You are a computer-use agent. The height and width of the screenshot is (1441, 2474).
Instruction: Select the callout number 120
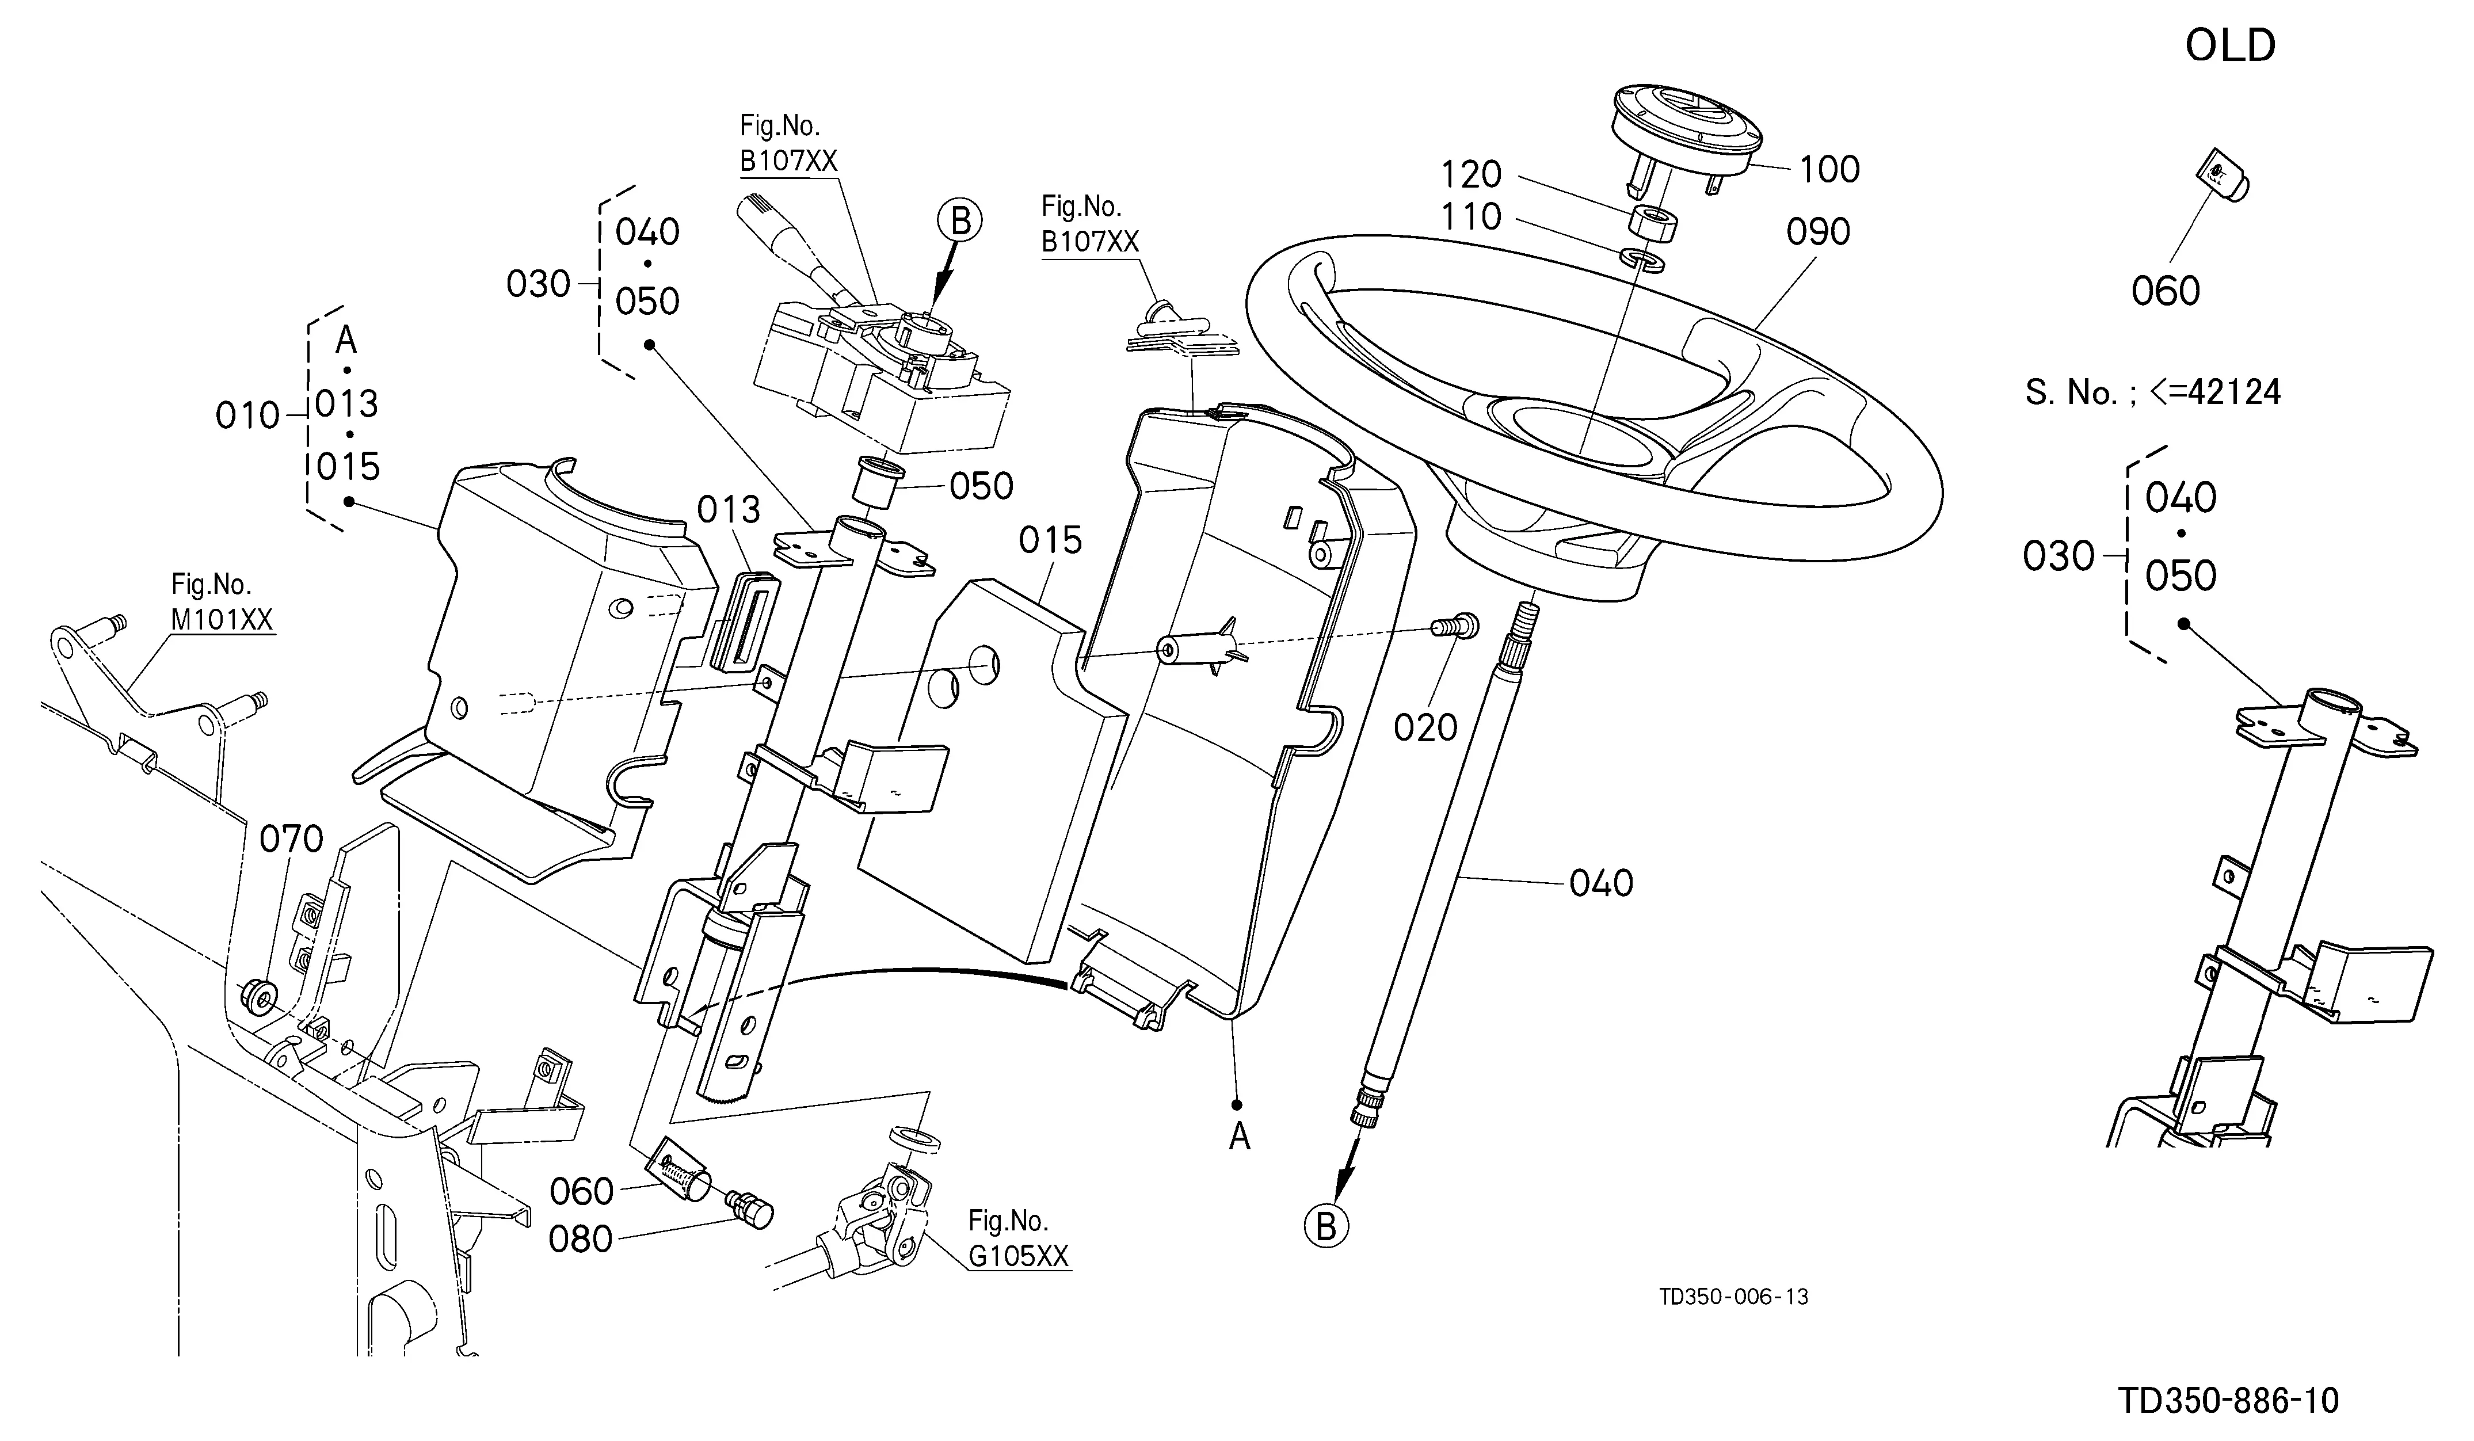[x=1471, y=175]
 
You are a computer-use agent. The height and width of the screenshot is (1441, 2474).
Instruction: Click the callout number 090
[x=1818, y=232]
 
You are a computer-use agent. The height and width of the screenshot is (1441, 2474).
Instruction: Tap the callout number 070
[x=292, y=839]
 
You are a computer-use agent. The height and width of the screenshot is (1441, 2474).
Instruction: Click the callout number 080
[x=581, y=1240]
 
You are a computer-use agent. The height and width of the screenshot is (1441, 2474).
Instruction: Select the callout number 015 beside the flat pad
[x=1050, y=540]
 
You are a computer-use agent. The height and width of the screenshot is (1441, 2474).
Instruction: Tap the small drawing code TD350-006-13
[x=1734, y=1297]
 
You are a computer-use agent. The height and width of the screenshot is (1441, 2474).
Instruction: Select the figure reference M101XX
[x=222, y=619]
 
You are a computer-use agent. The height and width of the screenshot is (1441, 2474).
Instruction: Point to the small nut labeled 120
[x=1652, y=221]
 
